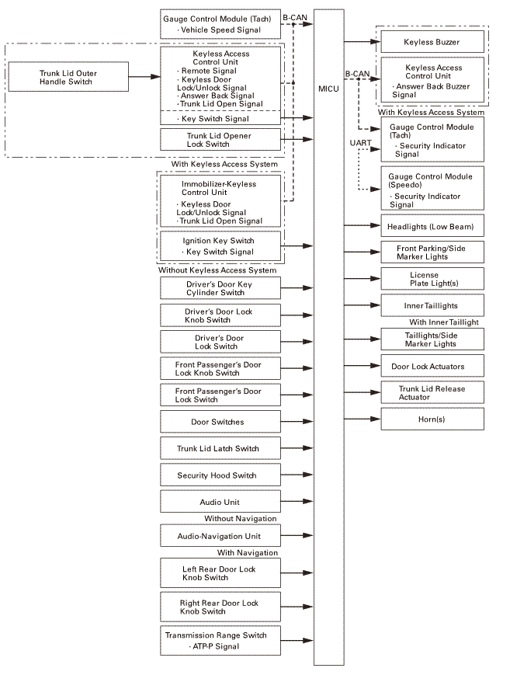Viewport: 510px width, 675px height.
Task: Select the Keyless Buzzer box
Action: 432,41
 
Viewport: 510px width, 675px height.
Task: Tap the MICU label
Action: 328,90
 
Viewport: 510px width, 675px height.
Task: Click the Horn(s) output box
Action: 432,419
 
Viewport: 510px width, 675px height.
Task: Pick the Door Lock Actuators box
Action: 432,365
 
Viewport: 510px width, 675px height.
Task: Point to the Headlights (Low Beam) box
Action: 432,227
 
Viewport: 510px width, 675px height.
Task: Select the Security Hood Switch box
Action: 217,475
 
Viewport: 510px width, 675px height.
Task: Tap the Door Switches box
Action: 217,422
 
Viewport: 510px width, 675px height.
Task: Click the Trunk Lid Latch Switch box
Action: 217,449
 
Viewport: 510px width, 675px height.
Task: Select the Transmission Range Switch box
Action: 217,641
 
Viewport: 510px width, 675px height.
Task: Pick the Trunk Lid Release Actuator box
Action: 432,392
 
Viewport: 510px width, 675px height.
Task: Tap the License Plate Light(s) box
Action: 432,279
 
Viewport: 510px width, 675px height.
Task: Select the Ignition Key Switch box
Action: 219,246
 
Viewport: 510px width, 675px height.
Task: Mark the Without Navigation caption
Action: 241,518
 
